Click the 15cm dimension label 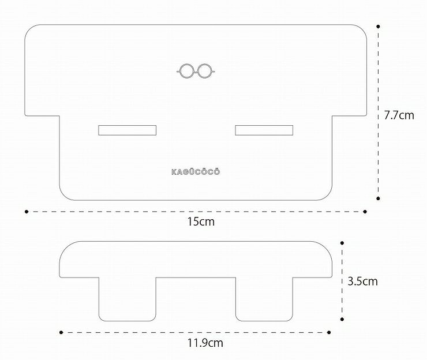pos(201,222)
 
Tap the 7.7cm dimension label pos(399,115)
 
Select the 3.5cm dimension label pos(363,281)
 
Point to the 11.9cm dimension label pos(205,343)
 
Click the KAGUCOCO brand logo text pos(196,172)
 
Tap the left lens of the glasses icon pos(186,71)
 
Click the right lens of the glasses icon pos(204,71)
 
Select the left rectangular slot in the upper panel pos(127,130)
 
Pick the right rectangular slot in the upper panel pos(264,130)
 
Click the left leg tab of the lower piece pos(128,299)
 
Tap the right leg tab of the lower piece pos(264,299)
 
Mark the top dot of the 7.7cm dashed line pos(378,27)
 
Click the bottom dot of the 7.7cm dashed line pos(378,198)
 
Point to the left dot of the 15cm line pos(27,212)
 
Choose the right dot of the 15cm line pos(365,212)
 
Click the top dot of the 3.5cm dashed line pos(342,243)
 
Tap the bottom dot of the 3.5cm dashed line pos(342,319)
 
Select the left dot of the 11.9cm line pos(61,332)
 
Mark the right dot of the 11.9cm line pos(329,332)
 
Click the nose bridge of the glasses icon pos(196,72)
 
